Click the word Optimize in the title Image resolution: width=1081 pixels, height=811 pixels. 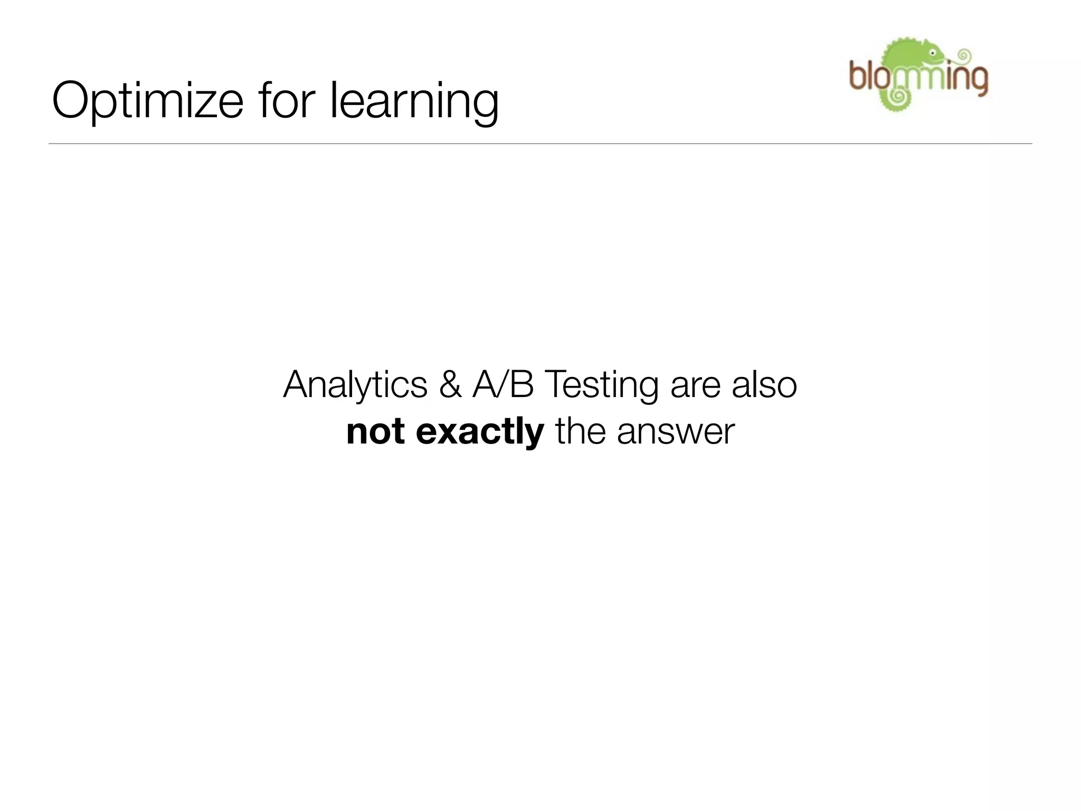tap(147, 100)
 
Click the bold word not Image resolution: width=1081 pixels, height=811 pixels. tap(375, 431)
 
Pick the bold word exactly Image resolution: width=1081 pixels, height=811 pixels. tap(480, 432)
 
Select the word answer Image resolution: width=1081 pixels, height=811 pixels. tap(676, 432)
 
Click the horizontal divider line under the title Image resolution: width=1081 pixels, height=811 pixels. tap(540, 144)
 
